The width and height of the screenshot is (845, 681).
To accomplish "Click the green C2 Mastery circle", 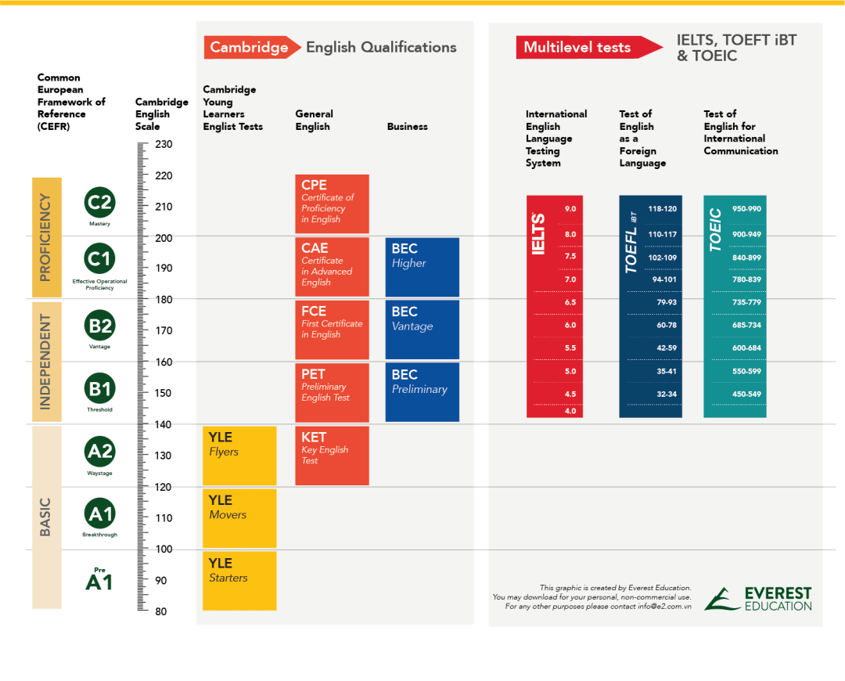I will (99, 203).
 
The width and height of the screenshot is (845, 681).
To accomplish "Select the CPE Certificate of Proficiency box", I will (332, 204).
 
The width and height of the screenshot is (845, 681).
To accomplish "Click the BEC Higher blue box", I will (422, 266).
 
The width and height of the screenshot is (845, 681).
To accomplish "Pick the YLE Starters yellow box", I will (239, 581).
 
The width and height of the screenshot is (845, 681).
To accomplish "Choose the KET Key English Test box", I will (332, 456).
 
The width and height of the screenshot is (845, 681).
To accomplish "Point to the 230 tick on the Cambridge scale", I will (163, 145).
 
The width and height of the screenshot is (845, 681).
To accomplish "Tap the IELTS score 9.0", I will (570, 209).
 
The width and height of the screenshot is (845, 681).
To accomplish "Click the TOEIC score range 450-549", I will (746, 394).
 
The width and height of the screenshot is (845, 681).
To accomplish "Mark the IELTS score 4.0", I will (570, 411).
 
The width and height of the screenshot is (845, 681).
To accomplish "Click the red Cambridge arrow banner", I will (251, 48).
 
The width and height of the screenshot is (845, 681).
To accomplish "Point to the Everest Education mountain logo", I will (721, 599).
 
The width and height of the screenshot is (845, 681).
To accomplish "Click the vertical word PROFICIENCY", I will (45, 237).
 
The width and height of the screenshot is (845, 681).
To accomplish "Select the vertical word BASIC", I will (45, 517).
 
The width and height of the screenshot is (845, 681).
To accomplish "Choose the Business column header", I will (408, 127).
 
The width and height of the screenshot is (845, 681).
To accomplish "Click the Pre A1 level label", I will (99, 579).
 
